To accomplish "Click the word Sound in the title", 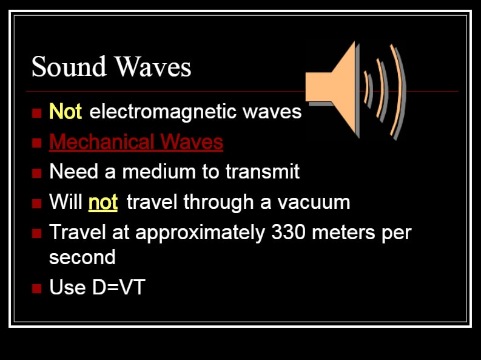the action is (x=69, y=66).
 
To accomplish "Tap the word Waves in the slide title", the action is (x=153, y=66).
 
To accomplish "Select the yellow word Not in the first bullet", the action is (x=66, y=111).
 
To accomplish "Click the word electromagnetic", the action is (x=163, y=112).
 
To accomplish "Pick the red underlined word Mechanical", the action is (x=102, y=142).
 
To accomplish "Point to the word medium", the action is (x=159, y=171).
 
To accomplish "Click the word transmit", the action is (x=262, y=171).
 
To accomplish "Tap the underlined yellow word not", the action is (x=103, y=202).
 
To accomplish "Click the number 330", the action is (x=288, y=232).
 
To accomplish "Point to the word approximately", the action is (x=200, y=233).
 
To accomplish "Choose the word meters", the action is (x=343, y=233).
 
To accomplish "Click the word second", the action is (x=82, y=257).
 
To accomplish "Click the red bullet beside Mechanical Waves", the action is (x=36, y=143).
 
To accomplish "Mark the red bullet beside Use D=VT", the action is (x=36, y=288).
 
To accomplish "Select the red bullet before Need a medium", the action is (x=36, y=173).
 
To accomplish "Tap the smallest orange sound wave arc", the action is (x=366, y=87).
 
